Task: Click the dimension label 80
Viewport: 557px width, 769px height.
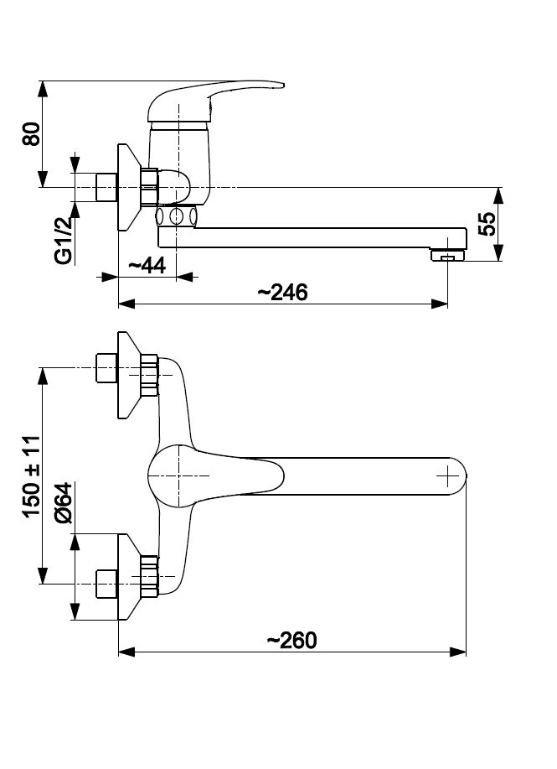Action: click(x=32, y=134)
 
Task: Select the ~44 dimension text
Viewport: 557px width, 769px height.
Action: click(x=147, y=266)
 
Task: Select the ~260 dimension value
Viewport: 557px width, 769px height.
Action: click(x=291, y=640)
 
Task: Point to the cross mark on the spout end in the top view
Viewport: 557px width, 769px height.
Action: click(x=449, y=476)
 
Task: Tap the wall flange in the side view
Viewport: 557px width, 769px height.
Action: click(x=126, y=187)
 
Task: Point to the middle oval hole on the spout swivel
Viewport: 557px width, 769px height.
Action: click(x=176, y=216)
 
